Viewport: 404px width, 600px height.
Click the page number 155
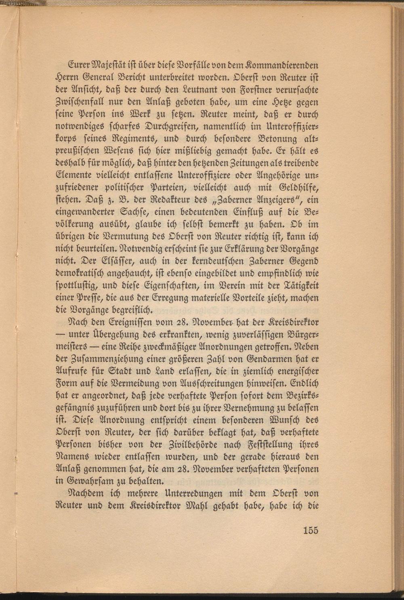310,530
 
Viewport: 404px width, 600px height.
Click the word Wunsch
280,420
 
